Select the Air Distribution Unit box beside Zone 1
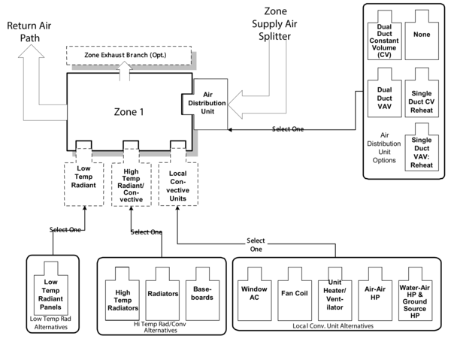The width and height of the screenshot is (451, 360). [207, 102]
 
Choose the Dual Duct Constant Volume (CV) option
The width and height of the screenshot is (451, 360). [385, 38]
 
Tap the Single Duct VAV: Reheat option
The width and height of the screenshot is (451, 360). [422, 153]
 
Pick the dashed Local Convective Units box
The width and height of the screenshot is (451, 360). [178, 182]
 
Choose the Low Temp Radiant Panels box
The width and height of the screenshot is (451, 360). [51, 291]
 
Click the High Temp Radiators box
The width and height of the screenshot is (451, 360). [123, 295]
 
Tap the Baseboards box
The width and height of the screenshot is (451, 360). [201, 294]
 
